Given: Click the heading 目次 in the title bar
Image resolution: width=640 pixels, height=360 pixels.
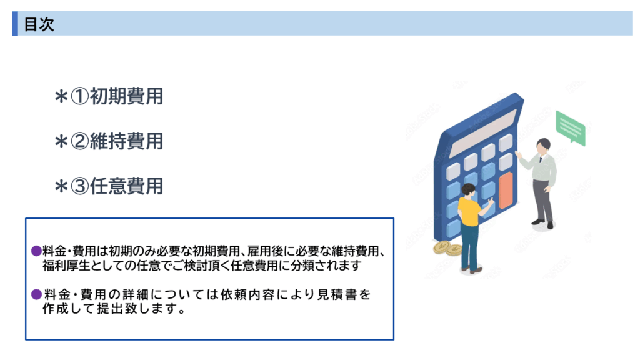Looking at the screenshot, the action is [x=39, y=24].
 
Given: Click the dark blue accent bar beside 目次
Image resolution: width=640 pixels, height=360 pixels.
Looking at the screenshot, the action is [x=15, y=24].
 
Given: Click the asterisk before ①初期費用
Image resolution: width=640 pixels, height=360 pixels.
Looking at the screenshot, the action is [x=61, y=97].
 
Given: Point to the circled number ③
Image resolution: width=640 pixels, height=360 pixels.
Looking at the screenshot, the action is [x=80, y=186].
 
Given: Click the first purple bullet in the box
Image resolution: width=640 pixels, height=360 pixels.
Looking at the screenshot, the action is [x=36, y=251].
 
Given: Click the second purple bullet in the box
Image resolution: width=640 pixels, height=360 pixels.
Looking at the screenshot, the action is [x=36, y=294].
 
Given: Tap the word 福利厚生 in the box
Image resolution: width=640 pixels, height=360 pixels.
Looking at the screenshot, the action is [x=66, y=266].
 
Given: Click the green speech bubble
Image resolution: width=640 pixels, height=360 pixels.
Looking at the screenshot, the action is [x=571, y=127].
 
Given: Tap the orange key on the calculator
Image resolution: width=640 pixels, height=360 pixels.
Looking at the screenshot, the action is [x=506, y=191].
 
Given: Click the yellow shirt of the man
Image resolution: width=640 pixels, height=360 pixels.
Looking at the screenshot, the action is [x=469, y=211].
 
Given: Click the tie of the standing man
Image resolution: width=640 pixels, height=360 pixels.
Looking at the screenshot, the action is [x=541, y=160].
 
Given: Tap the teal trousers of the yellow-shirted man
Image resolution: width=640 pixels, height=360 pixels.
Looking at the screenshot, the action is [x=469, y=245].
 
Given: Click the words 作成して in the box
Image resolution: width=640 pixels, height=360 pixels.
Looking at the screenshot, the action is [x=68, y=309].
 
